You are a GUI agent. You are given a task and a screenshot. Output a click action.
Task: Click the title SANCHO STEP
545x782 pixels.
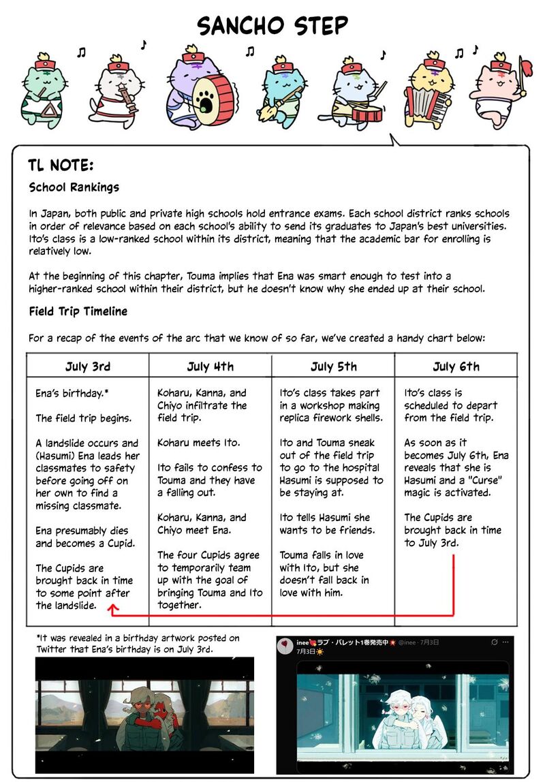(272, 26)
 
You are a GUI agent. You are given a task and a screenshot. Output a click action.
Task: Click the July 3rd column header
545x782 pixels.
(88, 366)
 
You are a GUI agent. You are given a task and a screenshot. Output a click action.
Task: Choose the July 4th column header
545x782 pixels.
(211, 366)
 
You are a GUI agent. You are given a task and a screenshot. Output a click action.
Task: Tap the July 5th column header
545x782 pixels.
(333, 366)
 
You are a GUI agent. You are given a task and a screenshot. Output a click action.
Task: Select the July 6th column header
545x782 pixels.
(456, 366)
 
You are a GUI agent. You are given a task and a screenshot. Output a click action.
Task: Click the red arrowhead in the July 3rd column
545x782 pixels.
(112, 612)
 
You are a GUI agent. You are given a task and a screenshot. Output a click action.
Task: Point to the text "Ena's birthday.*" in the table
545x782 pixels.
(72, 394)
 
